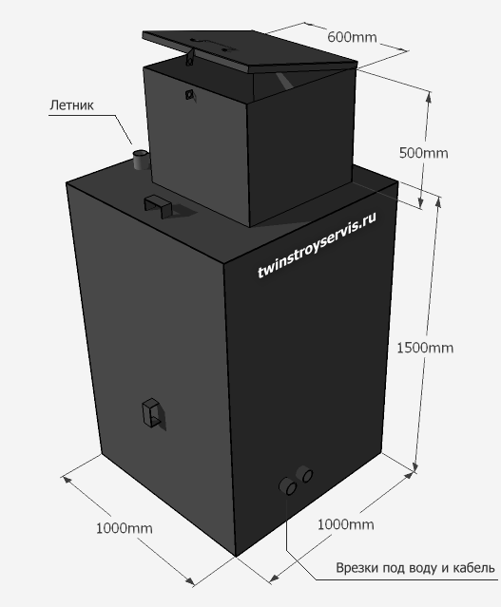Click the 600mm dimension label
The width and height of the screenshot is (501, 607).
(352, 37)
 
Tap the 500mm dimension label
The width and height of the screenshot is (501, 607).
(423, 153)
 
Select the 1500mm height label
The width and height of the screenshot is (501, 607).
(425, 348)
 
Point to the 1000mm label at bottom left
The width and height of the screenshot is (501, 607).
(124, 528)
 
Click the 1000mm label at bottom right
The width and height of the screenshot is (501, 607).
(346, 524)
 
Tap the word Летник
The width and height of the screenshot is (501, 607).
(71, 104)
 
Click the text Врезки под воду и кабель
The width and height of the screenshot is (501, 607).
(415, 567)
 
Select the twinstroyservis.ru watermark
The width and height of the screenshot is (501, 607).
(317, 245)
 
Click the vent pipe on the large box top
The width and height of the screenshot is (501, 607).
(139, 160)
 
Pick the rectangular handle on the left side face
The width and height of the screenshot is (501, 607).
(151, 412)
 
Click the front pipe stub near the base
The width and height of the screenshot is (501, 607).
(288, 486)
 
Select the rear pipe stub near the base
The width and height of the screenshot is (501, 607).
(304, 474)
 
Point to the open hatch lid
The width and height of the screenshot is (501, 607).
(249, 50)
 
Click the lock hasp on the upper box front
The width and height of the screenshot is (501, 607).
(189, 94)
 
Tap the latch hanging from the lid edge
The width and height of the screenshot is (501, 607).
(190, 56)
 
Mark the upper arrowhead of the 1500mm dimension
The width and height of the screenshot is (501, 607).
(438, 201)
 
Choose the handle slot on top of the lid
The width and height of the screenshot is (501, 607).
(212, 44)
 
